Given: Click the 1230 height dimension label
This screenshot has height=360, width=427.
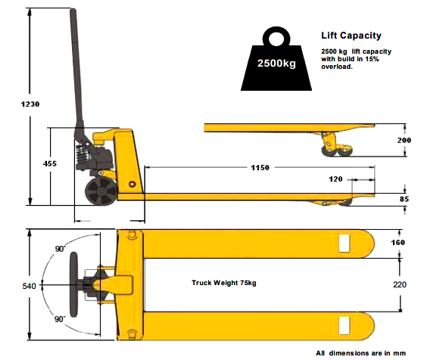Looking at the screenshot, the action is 30,104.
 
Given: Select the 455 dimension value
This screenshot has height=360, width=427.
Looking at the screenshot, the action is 50,163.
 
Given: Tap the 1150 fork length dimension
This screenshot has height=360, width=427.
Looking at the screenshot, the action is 260,168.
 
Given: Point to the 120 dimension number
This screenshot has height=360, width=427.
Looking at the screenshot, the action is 335,179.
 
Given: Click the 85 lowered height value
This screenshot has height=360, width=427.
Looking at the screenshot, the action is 404,199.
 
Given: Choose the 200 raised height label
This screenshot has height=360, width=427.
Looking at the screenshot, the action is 404,140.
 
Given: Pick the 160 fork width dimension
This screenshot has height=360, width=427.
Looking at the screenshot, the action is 398,243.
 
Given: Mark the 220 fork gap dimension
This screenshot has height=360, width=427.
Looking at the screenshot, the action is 400,284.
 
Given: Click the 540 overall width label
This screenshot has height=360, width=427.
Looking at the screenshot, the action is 29,286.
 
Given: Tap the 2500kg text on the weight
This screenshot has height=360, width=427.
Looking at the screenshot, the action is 276,63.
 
